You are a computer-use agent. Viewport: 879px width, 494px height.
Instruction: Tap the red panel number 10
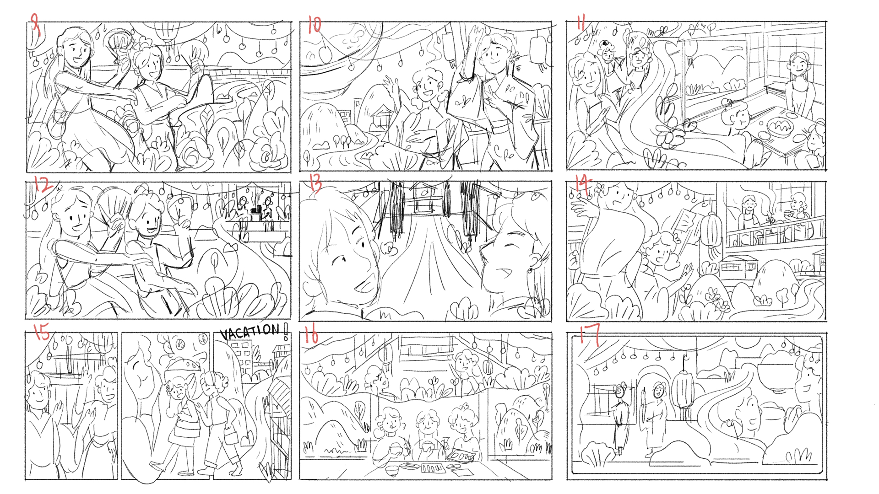click(315, 24)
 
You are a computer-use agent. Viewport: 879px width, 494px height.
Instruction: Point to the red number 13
click(315, 183)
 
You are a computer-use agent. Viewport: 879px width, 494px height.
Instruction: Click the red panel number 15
click(42, 331)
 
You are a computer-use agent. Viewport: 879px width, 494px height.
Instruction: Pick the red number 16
click(311, 335)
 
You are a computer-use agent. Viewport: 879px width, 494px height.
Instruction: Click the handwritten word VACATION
click(250, 332)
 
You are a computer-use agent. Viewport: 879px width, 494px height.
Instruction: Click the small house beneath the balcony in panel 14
click(738, 268)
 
